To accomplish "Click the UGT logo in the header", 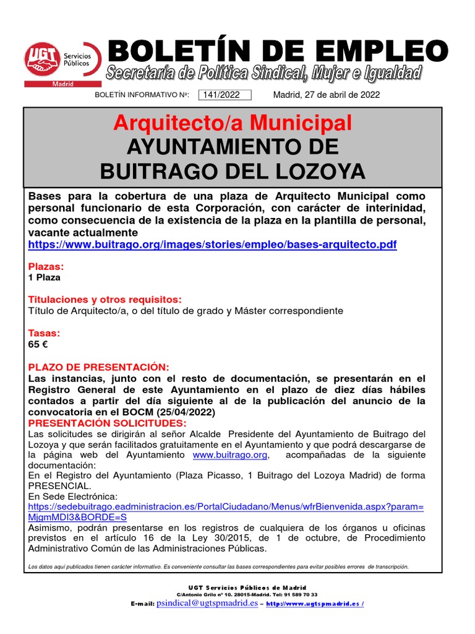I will point(62,63).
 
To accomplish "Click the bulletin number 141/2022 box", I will point(224,95).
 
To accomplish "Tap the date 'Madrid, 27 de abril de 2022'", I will point(326,95).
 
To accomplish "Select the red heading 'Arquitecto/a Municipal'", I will point(233,123).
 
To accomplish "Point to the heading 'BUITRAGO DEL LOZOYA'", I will point(233,171).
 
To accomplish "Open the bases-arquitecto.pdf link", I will point(212,245).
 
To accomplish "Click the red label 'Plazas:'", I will point(46,267).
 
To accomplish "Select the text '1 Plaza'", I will point(45,278).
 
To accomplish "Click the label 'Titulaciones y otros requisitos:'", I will point(105,300).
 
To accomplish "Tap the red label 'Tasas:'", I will point(45,332).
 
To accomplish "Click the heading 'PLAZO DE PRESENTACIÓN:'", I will point(98,367).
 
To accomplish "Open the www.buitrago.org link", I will point(230,455).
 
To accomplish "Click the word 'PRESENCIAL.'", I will point(60,485).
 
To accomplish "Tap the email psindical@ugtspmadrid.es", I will point(207,603).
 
